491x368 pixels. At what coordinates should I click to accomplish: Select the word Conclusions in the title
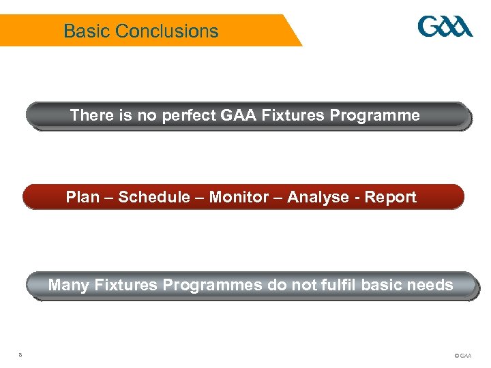tap(167, 31)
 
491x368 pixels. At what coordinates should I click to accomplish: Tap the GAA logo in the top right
tap(445, 27)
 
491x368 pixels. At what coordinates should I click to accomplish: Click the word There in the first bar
tap(91, 115)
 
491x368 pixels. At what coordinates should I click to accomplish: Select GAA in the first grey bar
tap(237, 115)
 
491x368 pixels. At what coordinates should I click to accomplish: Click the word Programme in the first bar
tap(374, 115)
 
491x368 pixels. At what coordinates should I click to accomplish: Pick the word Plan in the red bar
tap(80, 197)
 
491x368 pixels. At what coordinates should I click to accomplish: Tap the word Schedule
tap(154, 197)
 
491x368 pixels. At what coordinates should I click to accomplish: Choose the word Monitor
tap(239, 197)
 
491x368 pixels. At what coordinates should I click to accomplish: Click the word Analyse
tap(318, 197)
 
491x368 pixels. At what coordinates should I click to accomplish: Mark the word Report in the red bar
tap(390, 197)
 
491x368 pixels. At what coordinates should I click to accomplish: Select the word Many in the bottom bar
tap(68, 284)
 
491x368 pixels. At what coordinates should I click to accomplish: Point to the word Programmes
tap(212, 285)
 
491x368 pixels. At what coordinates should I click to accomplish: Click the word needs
tap(431, 284)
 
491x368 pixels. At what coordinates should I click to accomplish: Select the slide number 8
tap(21, 354)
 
